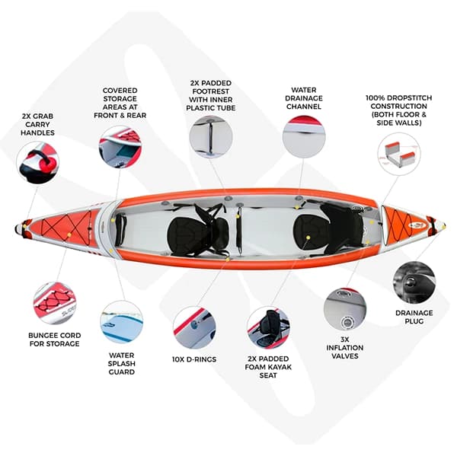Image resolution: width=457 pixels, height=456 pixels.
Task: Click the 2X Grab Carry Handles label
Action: (x=37, y=124)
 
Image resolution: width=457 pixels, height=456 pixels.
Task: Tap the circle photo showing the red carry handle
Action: (x=38, y=163)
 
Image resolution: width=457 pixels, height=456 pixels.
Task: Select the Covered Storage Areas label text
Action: (x=120, y=103)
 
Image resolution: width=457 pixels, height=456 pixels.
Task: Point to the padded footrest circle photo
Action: (x=211, y=137)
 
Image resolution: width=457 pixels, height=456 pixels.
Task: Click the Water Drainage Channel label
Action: (x=304, y=98)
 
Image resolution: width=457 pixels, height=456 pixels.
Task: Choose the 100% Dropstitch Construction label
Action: (x=398, y=110)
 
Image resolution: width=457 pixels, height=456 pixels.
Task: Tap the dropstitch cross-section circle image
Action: (x=399, y=155)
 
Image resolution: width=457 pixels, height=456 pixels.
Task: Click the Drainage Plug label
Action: (x=414, y=317)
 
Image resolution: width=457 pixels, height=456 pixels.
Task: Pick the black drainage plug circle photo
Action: (x=414, y=282)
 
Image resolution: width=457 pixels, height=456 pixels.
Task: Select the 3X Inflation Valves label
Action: (x=345, y=348)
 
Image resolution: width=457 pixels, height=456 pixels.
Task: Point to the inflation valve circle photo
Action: (x=345, y=309)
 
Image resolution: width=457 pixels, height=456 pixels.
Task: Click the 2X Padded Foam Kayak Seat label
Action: (x=268, y=367)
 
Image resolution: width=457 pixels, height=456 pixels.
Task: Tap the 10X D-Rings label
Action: (x=194, y=359)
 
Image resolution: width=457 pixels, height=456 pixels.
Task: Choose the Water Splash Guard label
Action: (x=122, y=364)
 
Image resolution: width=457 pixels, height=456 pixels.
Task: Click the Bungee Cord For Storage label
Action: (x=55, y=340)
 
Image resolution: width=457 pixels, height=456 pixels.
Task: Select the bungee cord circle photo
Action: (x=55, y=303)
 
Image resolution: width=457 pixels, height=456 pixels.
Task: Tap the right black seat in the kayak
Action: (x=328, y=228)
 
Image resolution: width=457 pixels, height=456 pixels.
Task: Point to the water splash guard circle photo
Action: (x=122, y=322)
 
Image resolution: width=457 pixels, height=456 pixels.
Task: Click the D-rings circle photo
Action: (x=194, y=327)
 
